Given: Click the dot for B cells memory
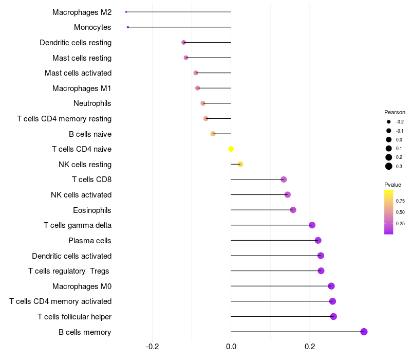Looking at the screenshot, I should [364, 332].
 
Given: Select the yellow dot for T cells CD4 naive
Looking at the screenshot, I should [231, 149].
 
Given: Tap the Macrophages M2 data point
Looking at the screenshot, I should [126, 12].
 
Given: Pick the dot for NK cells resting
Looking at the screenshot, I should [240, 165].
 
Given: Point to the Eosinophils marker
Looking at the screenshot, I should [293, 210].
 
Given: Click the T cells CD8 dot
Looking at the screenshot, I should [284, 179].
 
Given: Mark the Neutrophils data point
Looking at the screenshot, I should [203, 103].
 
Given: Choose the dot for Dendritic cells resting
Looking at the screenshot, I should [183, 42].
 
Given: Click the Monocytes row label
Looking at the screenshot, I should [92, 27].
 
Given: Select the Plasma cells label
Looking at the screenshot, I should [90, 241].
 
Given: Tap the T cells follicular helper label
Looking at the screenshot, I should [74, 317].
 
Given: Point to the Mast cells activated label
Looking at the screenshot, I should [78, 73].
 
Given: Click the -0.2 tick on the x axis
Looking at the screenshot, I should [153, 346].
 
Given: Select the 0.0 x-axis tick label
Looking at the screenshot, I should [231, 346].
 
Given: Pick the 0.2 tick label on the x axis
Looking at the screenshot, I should [310, 346].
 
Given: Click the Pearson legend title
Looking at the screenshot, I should [395, 112].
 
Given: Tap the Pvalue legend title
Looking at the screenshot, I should [393, 185].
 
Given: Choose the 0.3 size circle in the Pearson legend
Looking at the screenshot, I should [389, 166].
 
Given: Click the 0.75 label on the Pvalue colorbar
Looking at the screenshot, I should [400, 201].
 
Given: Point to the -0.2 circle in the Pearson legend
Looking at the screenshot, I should [389, 122].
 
